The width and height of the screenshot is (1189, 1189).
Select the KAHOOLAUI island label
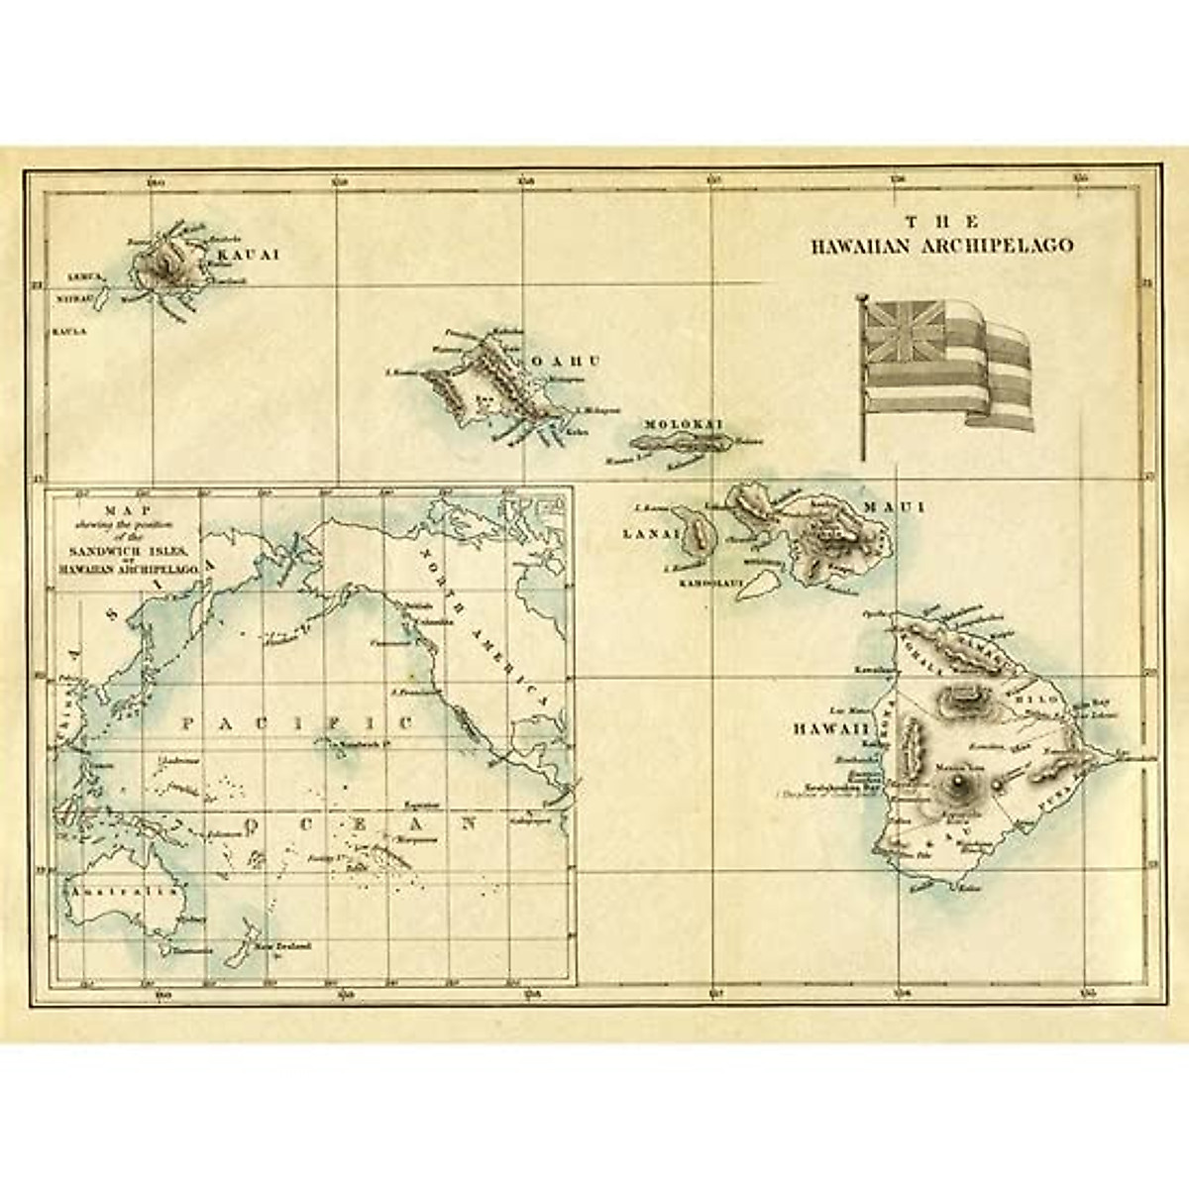[x=710, y=584]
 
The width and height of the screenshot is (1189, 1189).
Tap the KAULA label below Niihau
[x=65, y=331]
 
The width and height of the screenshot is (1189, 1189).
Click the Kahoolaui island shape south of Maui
[x=761, y=589]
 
